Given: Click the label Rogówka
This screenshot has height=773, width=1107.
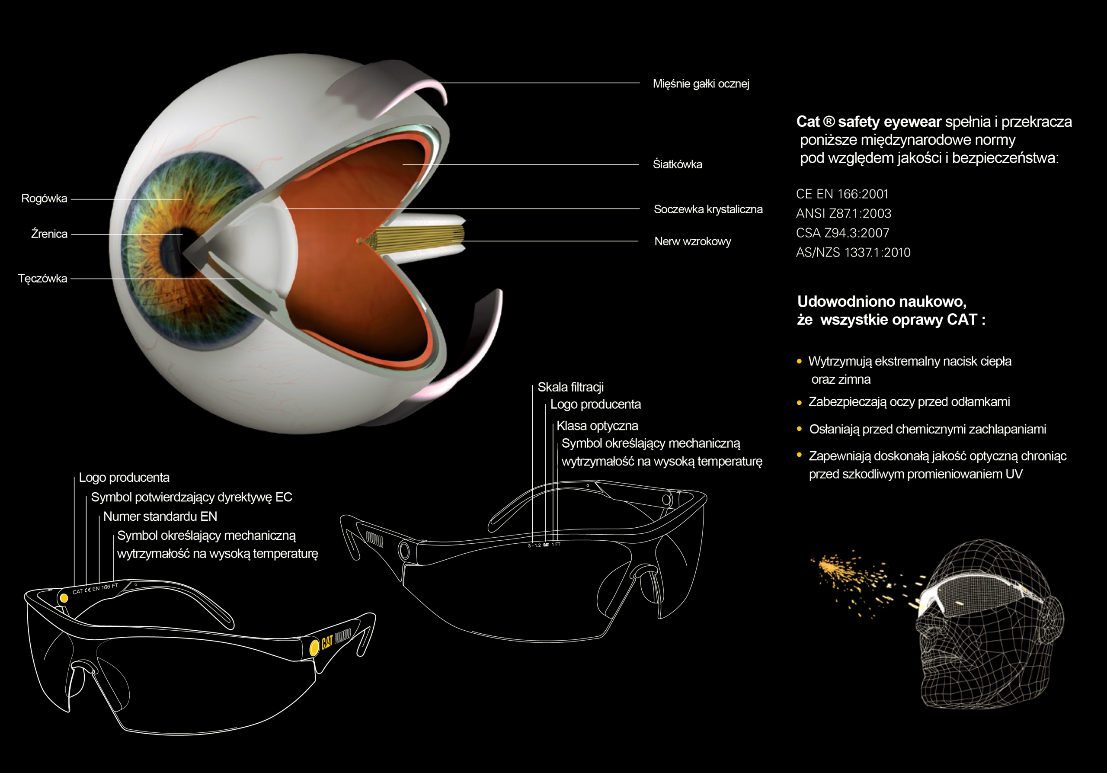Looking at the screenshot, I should click(x=44, y=199).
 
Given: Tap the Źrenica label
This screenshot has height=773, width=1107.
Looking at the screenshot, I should click(x=49, y=234).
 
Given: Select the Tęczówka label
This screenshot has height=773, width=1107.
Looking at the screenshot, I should click(x=42, y=279).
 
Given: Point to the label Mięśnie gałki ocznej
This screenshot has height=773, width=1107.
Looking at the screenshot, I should click(x=701, y=84).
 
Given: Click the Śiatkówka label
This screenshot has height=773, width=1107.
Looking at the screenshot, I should click(x=678, y=164).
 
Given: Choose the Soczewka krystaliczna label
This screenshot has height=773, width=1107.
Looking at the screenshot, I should click(x=708, y=209).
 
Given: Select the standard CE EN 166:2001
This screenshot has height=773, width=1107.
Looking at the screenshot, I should click(x=842, y=194).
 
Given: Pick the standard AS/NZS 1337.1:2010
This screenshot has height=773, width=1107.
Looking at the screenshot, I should click(x=853, y=253).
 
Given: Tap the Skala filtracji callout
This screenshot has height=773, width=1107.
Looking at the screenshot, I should click(x=570, y=387).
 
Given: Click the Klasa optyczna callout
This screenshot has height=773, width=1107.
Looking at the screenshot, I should click(x=597, y=426).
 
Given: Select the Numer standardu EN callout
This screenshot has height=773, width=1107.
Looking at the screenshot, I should click(x=160, y=516).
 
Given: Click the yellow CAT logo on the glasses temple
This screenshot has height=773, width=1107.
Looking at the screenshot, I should click(x=327, y=642).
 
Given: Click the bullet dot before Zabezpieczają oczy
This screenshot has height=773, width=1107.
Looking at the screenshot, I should click(x=800, y=403).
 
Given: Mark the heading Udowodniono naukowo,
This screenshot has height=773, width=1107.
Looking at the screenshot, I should click(x=881, y=302).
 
